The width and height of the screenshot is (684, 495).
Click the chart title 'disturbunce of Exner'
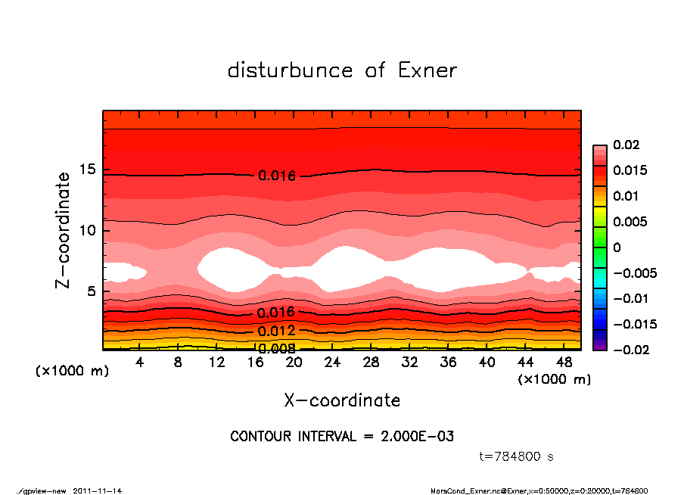click(x=342, y=71)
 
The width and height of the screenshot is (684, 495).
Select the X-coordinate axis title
click(x=342, y=400)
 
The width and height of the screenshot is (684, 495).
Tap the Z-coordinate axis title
click(x=64, y=230)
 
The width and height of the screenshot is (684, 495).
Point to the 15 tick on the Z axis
click(x=89, y=170)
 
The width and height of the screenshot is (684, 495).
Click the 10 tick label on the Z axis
click(x=89, y=230)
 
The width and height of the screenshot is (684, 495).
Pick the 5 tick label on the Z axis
click(x=92, y=291)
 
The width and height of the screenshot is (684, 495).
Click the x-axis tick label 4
click(x=139, y=363)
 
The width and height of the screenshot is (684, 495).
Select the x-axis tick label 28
click(x=371, y=363)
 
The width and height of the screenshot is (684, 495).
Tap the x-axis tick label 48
click(x=564, y=363)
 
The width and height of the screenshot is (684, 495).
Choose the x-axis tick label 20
click(x=294, y=363)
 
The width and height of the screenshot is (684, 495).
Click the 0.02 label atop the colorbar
click(x=627, y=145)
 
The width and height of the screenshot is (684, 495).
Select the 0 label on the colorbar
click(x=617, y=247)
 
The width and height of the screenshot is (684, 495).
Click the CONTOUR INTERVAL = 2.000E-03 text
click(x=342, y=437)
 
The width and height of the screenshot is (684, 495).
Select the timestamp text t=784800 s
click(x=517, y=456)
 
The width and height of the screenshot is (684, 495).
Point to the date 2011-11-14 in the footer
click(x=98, y=490)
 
